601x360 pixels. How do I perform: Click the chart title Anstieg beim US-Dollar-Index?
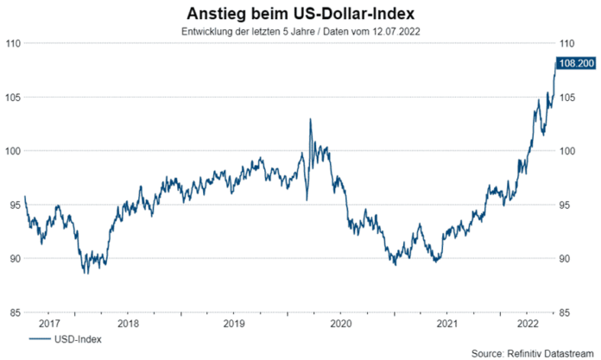[300, 14]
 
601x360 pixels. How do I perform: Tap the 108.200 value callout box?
[576, 63]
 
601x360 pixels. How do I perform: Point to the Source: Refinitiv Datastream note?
[534, 353]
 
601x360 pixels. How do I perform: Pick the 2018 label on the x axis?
[128, 324]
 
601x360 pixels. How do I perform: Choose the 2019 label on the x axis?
[234, 324]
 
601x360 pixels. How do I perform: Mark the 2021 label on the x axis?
[446, 324]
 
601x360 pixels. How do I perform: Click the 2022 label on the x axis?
[527, 324]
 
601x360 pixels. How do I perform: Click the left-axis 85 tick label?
[14, 313]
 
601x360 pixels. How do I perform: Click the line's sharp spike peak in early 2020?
[310, 119]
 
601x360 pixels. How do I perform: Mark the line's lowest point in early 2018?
[85, 274]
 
